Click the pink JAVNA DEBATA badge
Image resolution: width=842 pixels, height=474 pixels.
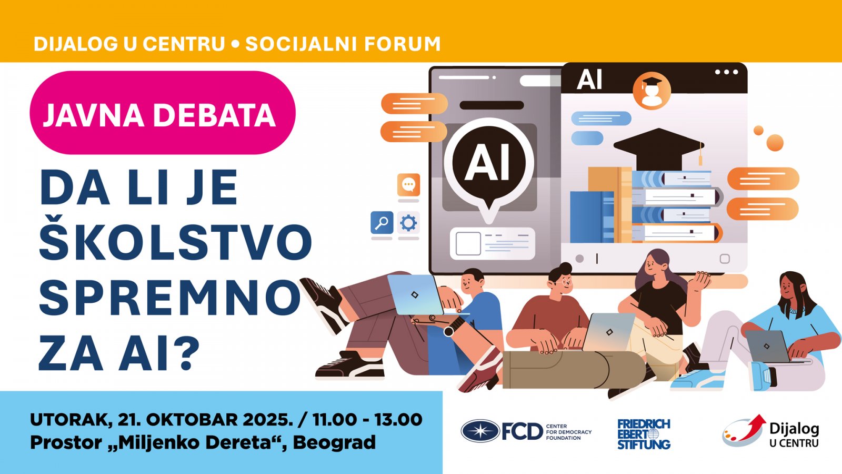pyautogui.click(x=163, y=113)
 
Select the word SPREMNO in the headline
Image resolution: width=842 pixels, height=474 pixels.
pyautogui.click(x=170, y=298)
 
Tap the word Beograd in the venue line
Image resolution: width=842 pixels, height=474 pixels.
pyautogui.click(x=334, y=443)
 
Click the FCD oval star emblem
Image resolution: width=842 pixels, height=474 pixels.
pyautogui.click(x=480, y=431)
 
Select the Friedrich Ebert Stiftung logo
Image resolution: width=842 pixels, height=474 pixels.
pyautogui.click(x=644, y=434)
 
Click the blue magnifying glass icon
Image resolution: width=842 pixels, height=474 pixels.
pyautogui.click(x=382, y=222)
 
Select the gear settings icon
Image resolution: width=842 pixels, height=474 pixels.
pyautogui.click(x=408, y=223)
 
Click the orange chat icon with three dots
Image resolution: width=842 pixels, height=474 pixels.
pyautogui.click(x=408, y=184)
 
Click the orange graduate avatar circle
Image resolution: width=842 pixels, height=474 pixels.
pyautogui.click(x=652, y=91)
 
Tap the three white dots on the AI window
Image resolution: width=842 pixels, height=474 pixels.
pyautogui.click(x=727, y=72)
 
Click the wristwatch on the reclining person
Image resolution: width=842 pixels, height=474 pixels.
pyautogui.click(x=449, y=331)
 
